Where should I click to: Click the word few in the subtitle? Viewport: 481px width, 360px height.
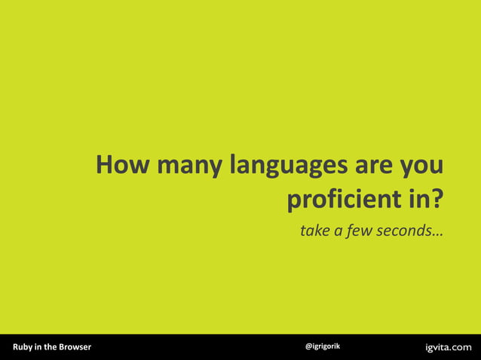coord(361,230)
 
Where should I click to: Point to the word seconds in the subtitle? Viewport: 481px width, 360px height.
coord(403,230)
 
